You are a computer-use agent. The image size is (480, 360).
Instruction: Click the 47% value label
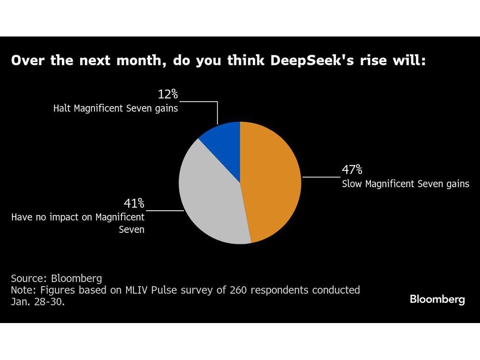[352, 170]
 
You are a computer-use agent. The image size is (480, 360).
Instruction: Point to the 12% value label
[168, 94]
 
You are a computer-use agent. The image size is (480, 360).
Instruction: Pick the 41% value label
[134, 204]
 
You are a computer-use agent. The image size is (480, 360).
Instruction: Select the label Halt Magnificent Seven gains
[115, 108]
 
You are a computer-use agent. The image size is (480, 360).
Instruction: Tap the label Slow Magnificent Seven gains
[405, 184]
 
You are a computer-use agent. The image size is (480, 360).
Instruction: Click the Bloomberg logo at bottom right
[437, 300]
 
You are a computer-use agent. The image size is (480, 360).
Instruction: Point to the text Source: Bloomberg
[57, 278]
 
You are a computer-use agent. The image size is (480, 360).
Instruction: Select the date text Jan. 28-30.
[36, 302]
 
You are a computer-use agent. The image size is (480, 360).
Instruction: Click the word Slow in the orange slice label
[351, 184]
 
